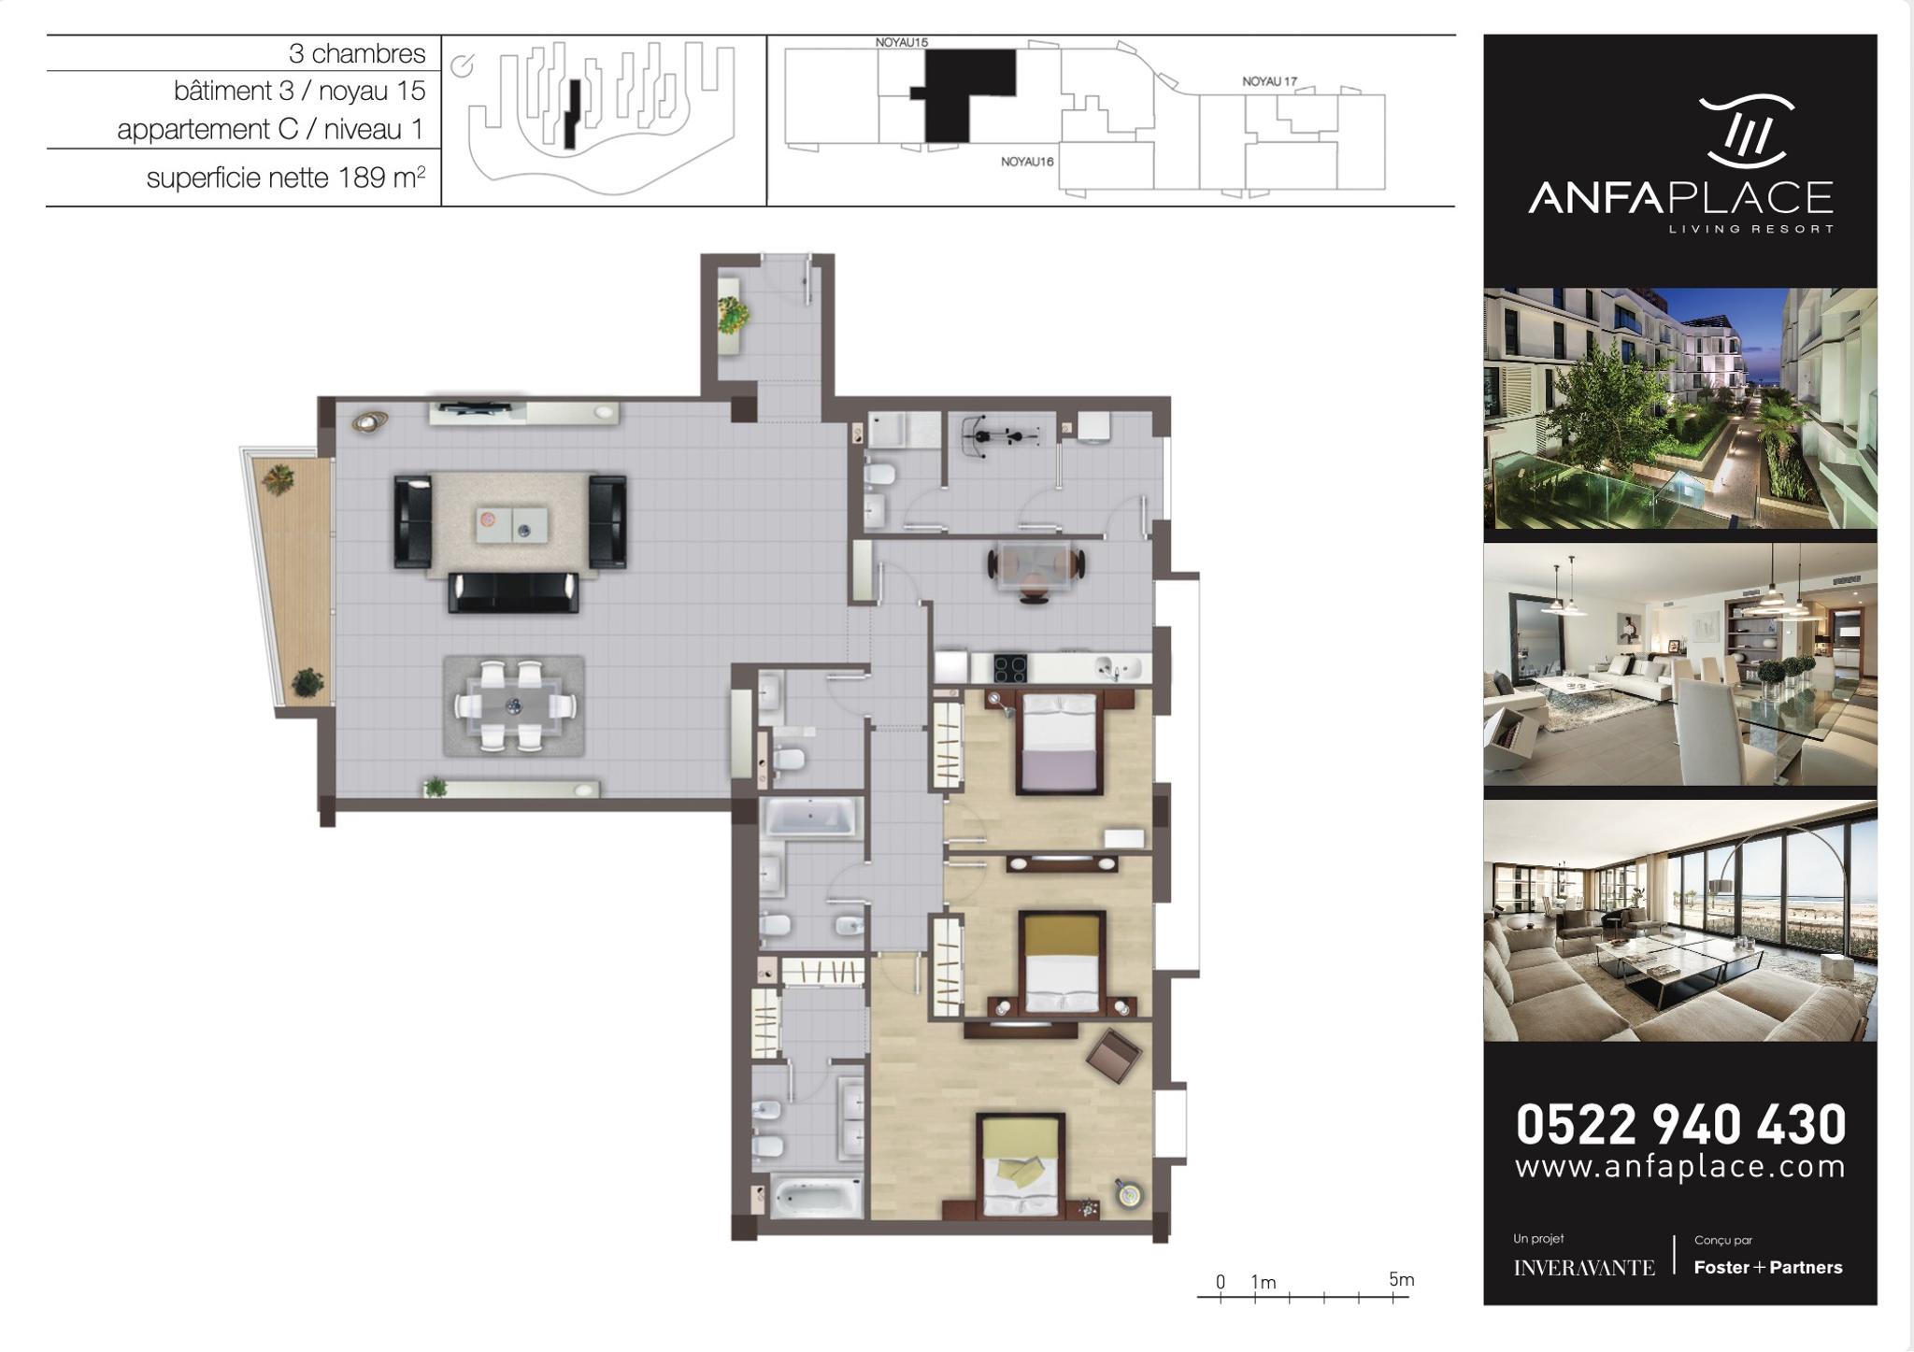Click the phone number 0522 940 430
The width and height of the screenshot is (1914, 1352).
pyautogui.click(x=1680, y=1124)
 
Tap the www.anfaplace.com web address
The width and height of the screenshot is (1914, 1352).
pyautogui.click(x=1680, y=1167)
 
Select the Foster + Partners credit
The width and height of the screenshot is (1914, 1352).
pyautogui.click(x=1768, y=1268)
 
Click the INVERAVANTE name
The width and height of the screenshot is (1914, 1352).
pyautogui.click(x=1584, y=1268)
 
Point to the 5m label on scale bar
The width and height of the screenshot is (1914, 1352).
pyautogui.click(x=1401, y=1279)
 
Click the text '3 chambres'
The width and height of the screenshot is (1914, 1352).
pyautogui.click(x=357, y=53)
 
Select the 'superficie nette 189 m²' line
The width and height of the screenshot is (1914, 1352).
pyautogui.click(x=286, y=178)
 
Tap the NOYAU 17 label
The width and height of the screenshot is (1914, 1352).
pyautogui.click(x=1269, y=81)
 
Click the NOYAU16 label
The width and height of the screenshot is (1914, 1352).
pyautogui.click(x=1027, y=162)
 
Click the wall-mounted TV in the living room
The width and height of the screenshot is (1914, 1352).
pyautogui.click(x=477, y=406)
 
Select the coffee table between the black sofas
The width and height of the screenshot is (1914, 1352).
pyautogui.click(x=511, y=524)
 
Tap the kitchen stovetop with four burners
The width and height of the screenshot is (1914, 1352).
pyautogui.click(x=1009, y=669)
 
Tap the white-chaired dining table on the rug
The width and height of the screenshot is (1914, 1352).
pyautogui.click(x=514, y=705)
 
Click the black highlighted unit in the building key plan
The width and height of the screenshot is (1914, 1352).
pyautogui.click(x=963, y=95)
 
